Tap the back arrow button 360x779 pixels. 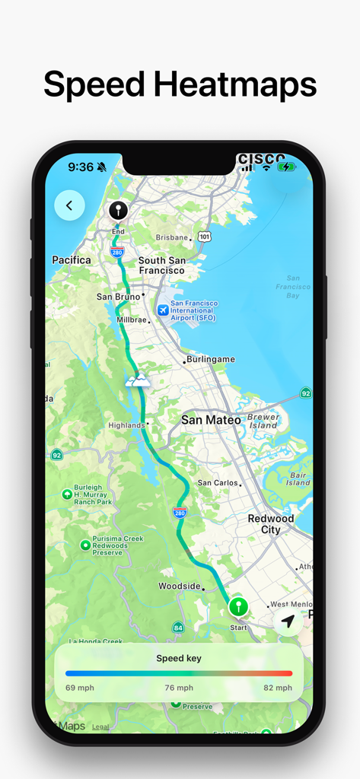coord(69,205)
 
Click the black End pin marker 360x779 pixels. coord(118,211)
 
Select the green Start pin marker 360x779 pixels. coord(239,607)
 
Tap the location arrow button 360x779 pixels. coord(288,622)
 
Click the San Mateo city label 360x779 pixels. coord(211,420)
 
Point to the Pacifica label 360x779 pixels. coord(72,260)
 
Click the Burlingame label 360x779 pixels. coord(212,359)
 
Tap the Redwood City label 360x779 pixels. coord(270,524)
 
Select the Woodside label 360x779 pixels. coord(180,587)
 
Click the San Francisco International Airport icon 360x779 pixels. coord(162,310)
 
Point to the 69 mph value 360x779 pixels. coord(79,688)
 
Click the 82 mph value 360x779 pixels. coord(279,688)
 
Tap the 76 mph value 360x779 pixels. coord(179,688)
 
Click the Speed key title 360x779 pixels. coord(179,658)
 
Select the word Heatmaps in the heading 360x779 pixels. coord(235,84)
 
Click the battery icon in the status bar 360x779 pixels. coord(287,167)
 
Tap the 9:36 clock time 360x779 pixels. coord(81,167)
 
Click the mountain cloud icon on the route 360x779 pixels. coord(138,380)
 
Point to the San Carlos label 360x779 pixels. coord(217,482)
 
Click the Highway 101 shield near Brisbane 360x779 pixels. coord(204,237)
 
